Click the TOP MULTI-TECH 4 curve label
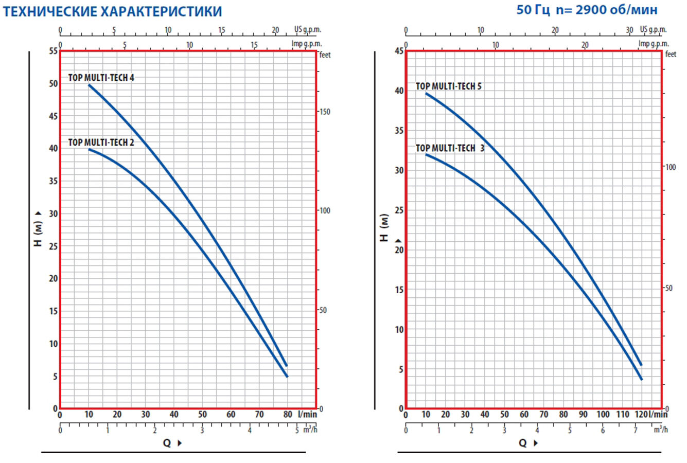(101, 78)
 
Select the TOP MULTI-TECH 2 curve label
(101, 143)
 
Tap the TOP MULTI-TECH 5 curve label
(449, 86)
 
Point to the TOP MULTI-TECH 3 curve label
(450, 148)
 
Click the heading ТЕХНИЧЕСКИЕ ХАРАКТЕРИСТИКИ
(112, 11)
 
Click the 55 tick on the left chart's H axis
(53, 51)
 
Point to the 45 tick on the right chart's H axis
(399, 50)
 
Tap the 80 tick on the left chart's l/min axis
(288, 415)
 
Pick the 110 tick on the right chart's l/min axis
(623, 415)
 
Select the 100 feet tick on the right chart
(671, 167)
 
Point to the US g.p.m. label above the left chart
(308, 30)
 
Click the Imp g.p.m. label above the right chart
(653, 44)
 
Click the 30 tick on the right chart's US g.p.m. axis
(629, 30)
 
